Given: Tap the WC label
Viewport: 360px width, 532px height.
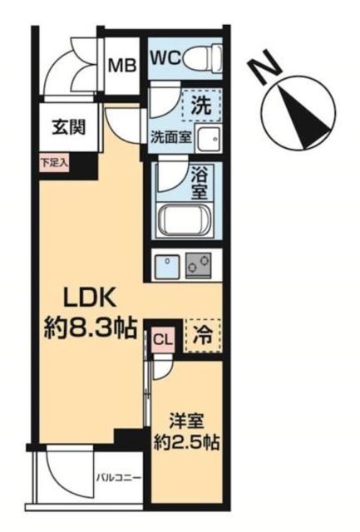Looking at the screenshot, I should pos(165,58).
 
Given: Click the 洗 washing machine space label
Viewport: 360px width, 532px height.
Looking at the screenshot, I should pos(200,106).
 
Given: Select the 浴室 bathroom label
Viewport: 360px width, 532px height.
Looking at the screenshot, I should pos(201,185).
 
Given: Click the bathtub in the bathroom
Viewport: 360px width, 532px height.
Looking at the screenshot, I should pos(188,222).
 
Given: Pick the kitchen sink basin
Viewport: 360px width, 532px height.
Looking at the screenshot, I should pos(169,265).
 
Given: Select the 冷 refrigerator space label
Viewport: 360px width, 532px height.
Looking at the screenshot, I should pos(201,337).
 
